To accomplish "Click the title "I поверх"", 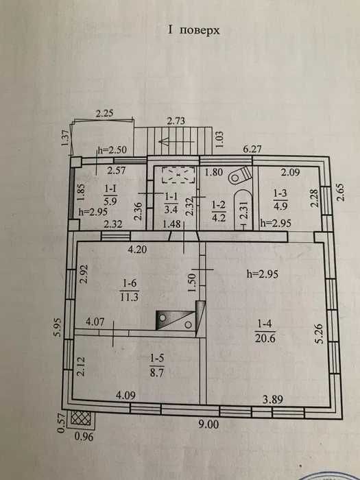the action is click(193, 30).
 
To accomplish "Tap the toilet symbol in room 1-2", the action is click(241, 175).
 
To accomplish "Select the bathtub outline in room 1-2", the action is click(243, 210).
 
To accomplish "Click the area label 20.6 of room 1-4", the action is click(265, 338).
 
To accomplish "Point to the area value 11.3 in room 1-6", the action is click(129, 297).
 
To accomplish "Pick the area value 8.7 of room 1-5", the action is click(157, 374).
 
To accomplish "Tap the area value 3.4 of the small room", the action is click(171, 210).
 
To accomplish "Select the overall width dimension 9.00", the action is click(208, 424).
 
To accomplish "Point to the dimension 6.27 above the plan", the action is click(252, 149).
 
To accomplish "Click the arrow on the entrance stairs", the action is click(177, 141).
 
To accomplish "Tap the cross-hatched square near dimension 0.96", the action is click(81, 418).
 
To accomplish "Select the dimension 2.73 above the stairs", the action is click(176, 121).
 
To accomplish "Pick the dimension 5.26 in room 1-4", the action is click(320, 334).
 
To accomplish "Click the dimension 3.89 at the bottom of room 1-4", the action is click(273, 400).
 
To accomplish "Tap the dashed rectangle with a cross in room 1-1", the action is click(178, 175).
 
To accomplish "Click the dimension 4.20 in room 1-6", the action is click(137, 250).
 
